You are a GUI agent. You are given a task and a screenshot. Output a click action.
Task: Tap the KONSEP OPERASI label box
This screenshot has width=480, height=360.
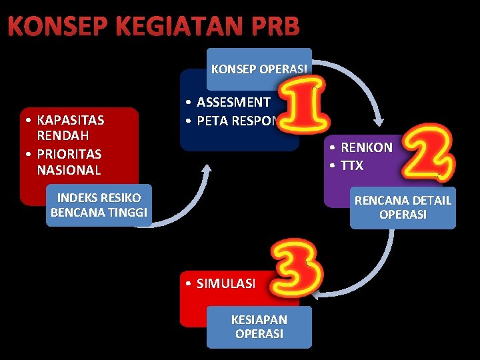pos(259,69)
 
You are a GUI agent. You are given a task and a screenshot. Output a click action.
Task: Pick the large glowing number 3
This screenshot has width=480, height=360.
pos(295,271)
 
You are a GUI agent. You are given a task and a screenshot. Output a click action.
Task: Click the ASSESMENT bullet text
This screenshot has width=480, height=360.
pos(233,102)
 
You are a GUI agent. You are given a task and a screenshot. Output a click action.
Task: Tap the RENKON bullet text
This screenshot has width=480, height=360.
pos(367,147)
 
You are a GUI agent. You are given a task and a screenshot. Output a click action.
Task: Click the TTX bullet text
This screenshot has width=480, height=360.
pos(352,165)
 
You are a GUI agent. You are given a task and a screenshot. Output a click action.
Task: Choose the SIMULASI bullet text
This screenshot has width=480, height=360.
pos(225,283)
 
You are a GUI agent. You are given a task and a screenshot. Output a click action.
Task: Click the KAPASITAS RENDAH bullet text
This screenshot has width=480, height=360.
pos(71,129)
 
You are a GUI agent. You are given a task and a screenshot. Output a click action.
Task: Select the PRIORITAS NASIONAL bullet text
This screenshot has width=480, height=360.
pos(69,161)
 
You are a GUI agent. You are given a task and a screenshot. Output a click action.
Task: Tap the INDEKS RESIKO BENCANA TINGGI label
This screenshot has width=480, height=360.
pos(99,205)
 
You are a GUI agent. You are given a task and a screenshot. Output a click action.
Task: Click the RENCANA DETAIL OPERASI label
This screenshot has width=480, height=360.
pos(403,207)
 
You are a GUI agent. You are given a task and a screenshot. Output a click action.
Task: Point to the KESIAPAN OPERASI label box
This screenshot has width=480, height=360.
pos(259,327)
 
